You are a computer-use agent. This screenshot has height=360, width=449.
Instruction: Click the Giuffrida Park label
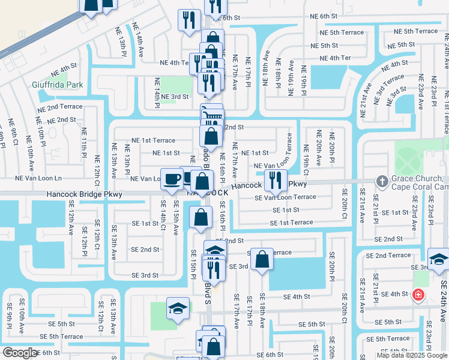coord(58,85)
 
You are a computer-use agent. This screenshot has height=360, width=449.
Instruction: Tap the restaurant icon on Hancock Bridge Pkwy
coord(276,179)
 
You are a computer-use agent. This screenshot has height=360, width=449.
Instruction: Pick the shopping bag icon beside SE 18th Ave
coord(262,259)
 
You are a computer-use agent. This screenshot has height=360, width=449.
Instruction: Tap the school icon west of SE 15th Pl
coord(177,309)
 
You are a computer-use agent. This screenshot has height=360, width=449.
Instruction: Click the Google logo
coord(20,353)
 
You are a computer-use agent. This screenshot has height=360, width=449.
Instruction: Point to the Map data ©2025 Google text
coord(412,355)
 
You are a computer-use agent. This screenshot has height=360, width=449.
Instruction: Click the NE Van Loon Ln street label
coord(38,179)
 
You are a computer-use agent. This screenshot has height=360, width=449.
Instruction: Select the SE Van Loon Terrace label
coord(285,197)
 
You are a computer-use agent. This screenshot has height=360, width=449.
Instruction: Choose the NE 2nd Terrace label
coord(59,107)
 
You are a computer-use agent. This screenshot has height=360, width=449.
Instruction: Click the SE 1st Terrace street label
coord(292,223)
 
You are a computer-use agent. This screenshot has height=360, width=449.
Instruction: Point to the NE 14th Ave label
coord(139,46)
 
